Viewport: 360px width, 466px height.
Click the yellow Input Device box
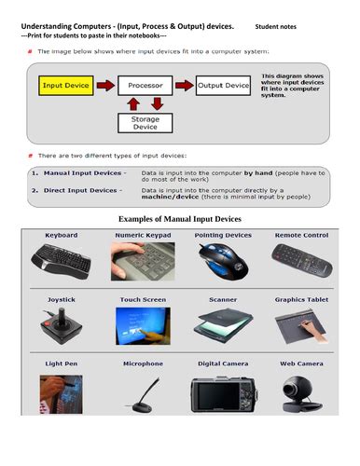point(65,86)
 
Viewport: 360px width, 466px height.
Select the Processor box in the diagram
point(145,86)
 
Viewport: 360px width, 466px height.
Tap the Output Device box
point(223,86)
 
